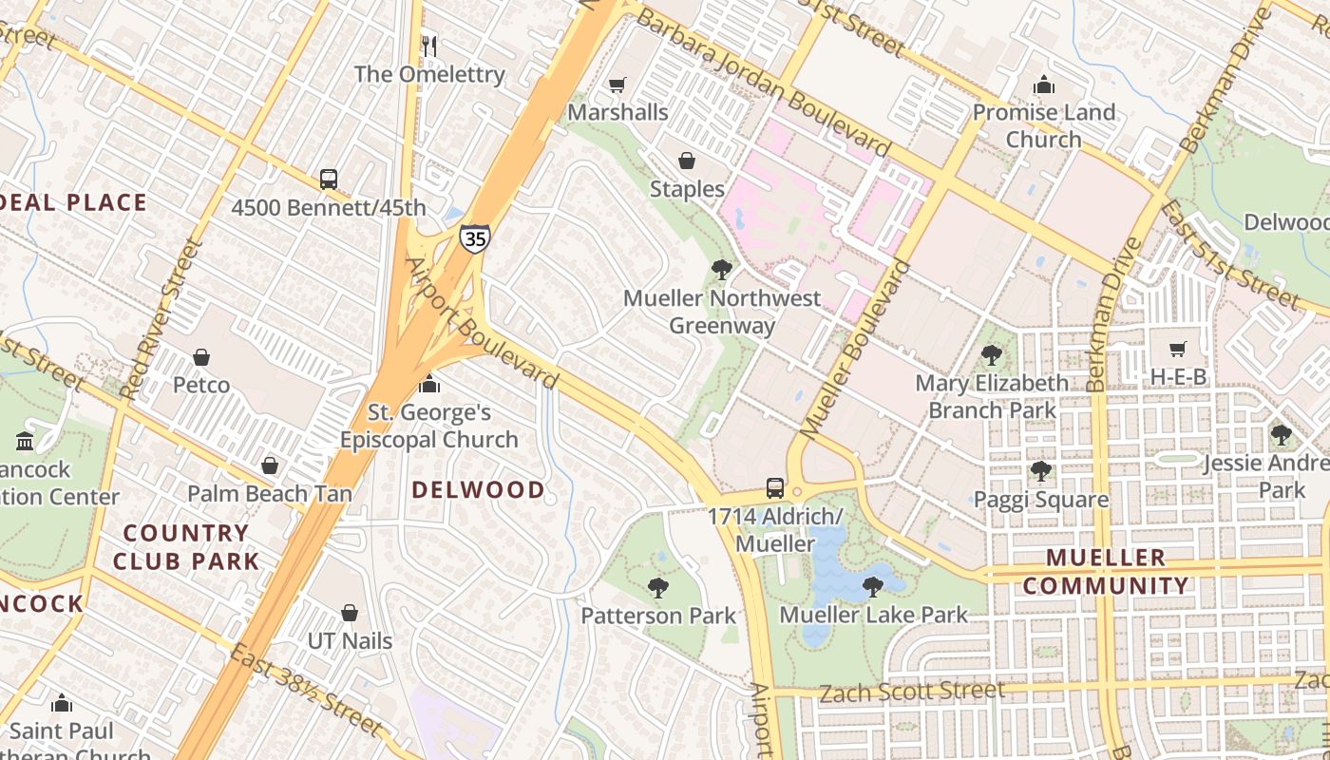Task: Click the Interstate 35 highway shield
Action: click(x=475, y=237)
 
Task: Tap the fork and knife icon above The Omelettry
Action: click(x=428, y=46)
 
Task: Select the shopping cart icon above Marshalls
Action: click(x=617, y=85)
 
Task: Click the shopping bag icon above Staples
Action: click(x=686, y=161)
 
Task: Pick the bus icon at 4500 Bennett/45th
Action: click(x=328, y=179)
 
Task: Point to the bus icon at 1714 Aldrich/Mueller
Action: click(x=775, y=488)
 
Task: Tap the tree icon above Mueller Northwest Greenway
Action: click(x=721, y=270)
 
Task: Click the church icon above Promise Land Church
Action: click(x=1044, y=85)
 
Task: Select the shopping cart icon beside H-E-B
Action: click(x=1178, y=350)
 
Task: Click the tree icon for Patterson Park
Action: click(x=657, y=588)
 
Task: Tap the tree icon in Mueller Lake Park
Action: click(x=872, y=587)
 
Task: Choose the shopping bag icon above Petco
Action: click(x=200, y=357)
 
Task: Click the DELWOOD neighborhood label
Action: click(x=479, y=490)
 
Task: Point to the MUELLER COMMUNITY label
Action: click(x=1106, y=572)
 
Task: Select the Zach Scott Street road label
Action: click(x=911, y=691)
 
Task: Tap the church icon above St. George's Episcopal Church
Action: click(x=429, y=384)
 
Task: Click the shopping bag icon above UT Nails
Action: click(x=350, y=613)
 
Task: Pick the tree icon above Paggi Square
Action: click(x=1040, y=471)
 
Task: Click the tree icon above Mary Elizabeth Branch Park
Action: click(x=992, y=355)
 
